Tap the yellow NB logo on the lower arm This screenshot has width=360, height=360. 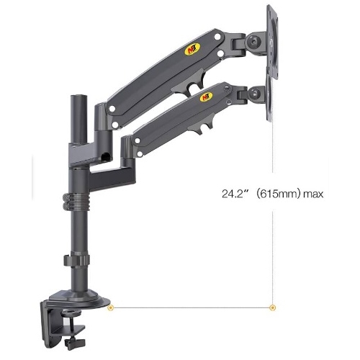coord(207,96)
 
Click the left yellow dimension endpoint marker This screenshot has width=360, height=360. coord(111,307)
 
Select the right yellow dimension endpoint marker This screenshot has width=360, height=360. coord(273,307)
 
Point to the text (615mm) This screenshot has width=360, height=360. coord(278,194)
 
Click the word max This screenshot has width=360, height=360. coord(313,194)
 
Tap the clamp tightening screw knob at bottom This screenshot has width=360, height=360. coord(75,343)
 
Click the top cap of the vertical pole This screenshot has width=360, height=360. coord(78,97)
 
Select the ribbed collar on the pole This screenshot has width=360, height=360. coord(76,202)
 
